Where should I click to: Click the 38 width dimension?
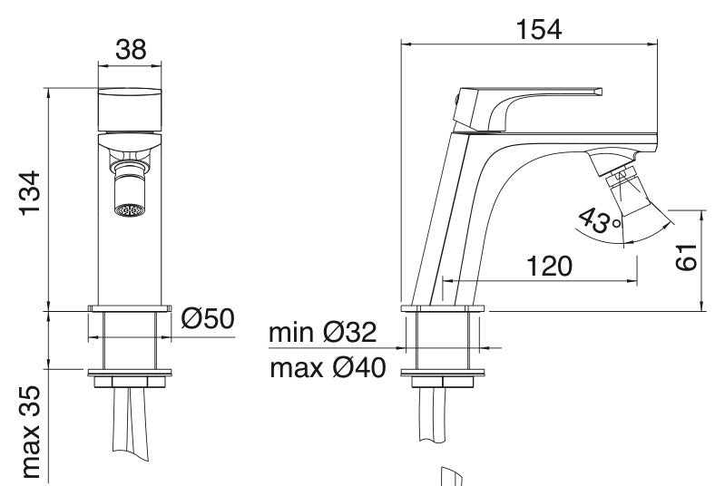pyautogui.click(x=131, y=50)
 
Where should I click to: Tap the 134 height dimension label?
pyautogui.click(x=30, y=192)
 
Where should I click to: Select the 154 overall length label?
pyautogui.click(x=539, y=30)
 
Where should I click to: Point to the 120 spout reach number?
pyautogui.click(x=549, y=266)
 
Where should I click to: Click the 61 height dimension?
pyautogui.click(x=686, y=257)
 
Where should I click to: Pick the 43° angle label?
pyautogui.click(x=600, y=221)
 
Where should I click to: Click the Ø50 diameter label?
pyautogui.click(x=208, y=318)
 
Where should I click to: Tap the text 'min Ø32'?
pyautogui.click(x=323, y=332)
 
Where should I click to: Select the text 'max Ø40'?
pyautogui.click(x=328, y=368)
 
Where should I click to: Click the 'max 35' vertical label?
pyautogui.click(x=31, y=433)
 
